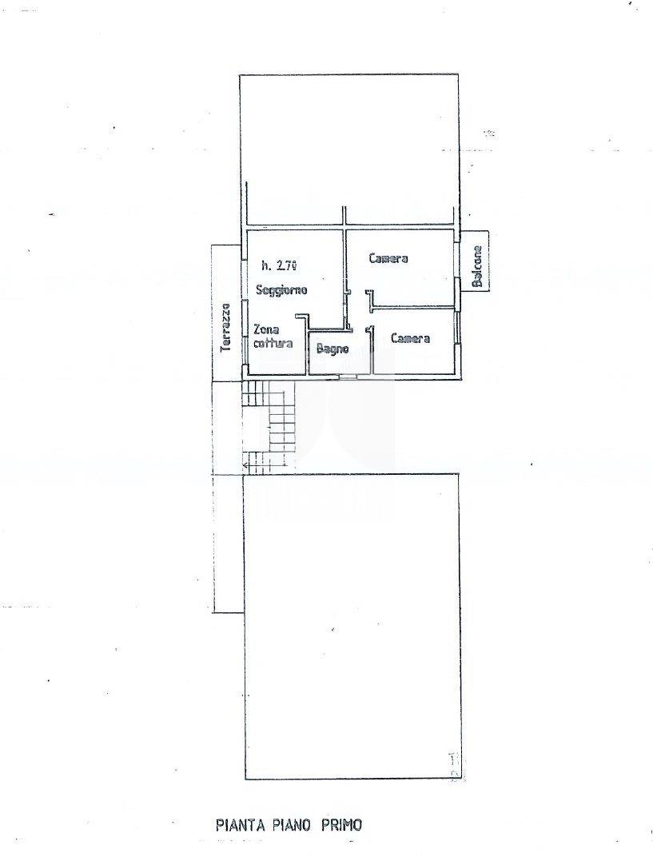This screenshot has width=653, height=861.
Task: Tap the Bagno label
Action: (332, 348)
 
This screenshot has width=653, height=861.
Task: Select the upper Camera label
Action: (388, 258)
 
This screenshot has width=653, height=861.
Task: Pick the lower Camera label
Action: (410, 338)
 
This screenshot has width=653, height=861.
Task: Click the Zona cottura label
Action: (273, 337)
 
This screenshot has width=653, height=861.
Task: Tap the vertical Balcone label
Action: (478, 266)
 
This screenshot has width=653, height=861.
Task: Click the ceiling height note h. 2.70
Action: (279, 265)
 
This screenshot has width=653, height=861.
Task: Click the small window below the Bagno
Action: (348, 377)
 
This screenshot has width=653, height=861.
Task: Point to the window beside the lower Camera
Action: (456, 329)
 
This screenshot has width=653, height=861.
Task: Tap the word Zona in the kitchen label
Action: (266, 330)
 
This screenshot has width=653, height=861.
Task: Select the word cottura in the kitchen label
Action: (273, 344)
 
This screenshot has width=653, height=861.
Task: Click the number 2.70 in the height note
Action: (287, 265)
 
